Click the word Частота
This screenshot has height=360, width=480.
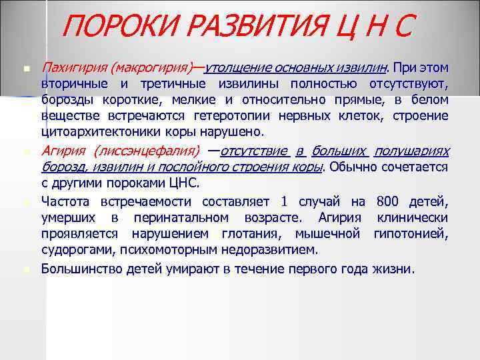point(67,202)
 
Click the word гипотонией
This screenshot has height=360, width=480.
point(411,234)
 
